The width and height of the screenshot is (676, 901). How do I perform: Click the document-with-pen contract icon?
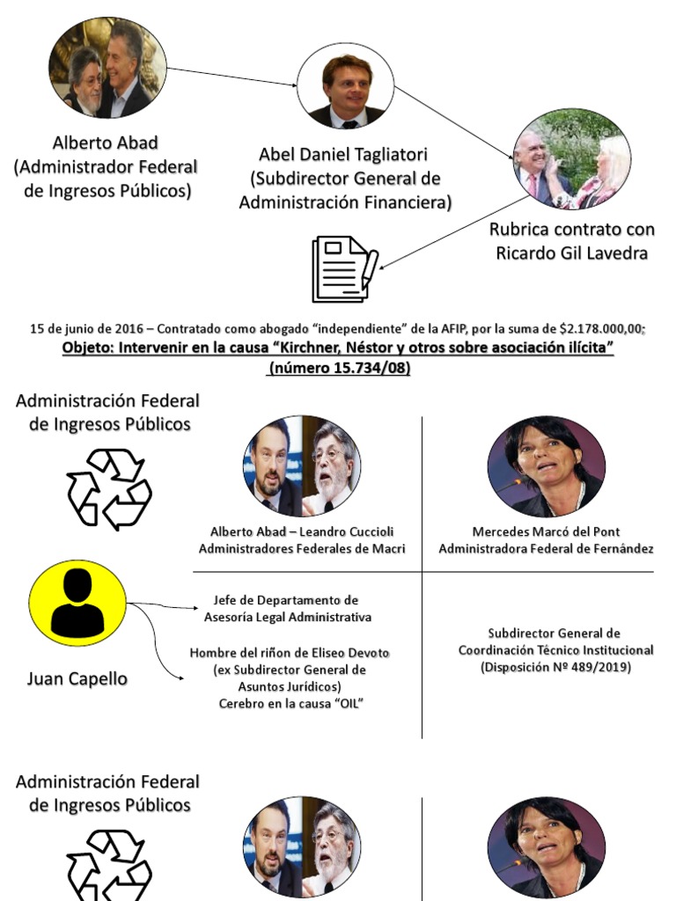click(344, 268)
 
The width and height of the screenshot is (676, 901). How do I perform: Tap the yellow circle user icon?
click(77, 603)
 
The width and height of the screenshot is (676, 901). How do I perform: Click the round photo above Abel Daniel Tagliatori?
click(344, 85)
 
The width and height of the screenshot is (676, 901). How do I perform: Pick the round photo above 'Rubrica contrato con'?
click(572, 159)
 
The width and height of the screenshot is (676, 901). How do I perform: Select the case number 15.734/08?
click(362, 369)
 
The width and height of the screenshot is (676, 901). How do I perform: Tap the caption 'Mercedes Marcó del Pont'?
click(546, 531)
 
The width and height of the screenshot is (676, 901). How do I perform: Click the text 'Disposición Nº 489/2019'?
click(555, 667)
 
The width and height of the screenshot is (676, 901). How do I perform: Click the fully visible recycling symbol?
click(109, 488)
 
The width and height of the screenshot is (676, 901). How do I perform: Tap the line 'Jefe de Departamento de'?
click(286, 600)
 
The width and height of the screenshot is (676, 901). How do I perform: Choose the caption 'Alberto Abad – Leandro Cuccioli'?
click(302, 531)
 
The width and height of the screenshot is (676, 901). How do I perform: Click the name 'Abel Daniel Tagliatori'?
click(343, 155)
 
